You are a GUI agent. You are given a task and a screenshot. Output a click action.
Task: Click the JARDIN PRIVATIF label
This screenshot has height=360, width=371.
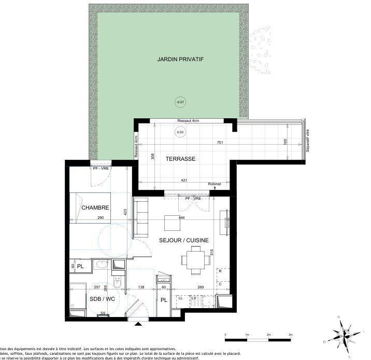click(180, 60)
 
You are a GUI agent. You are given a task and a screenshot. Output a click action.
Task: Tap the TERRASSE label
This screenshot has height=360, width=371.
click(180, 159)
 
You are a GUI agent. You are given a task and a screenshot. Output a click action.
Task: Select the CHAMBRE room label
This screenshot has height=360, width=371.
click(95, 207)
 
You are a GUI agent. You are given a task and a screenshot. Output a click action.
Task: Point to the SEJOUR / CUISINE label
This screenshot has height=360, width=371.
click(184, 240)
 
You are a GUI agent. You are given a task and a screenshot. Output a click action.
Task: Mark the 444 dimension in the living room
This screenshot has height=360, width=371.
click(182, 218)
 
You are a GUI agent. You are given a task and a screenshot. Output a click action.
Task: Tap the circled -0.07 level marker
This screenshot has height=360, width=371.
click(180, 102)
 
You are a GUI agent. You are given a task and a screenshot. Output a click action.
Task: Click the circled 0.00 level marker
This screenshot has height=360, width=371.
click(180, 132)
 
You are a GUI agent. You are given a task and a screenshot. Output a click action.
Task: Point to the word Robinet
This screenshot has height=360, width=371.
click(214, 184)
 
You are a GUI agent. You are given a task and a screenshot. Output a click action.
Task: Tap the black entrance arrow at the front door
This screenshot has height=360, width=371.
click(138, 325)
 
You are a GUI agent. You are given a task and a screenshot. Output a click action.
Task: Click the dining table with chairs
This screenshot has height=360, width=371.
click(196, 259)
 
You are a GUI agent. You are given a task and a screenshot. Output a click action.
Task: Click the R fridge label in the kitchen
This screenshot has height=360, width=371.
click(220, 271)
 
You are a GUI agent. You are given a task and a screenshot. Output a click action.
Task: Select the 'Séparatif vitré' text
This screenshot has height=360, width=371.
click(307, 140)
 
